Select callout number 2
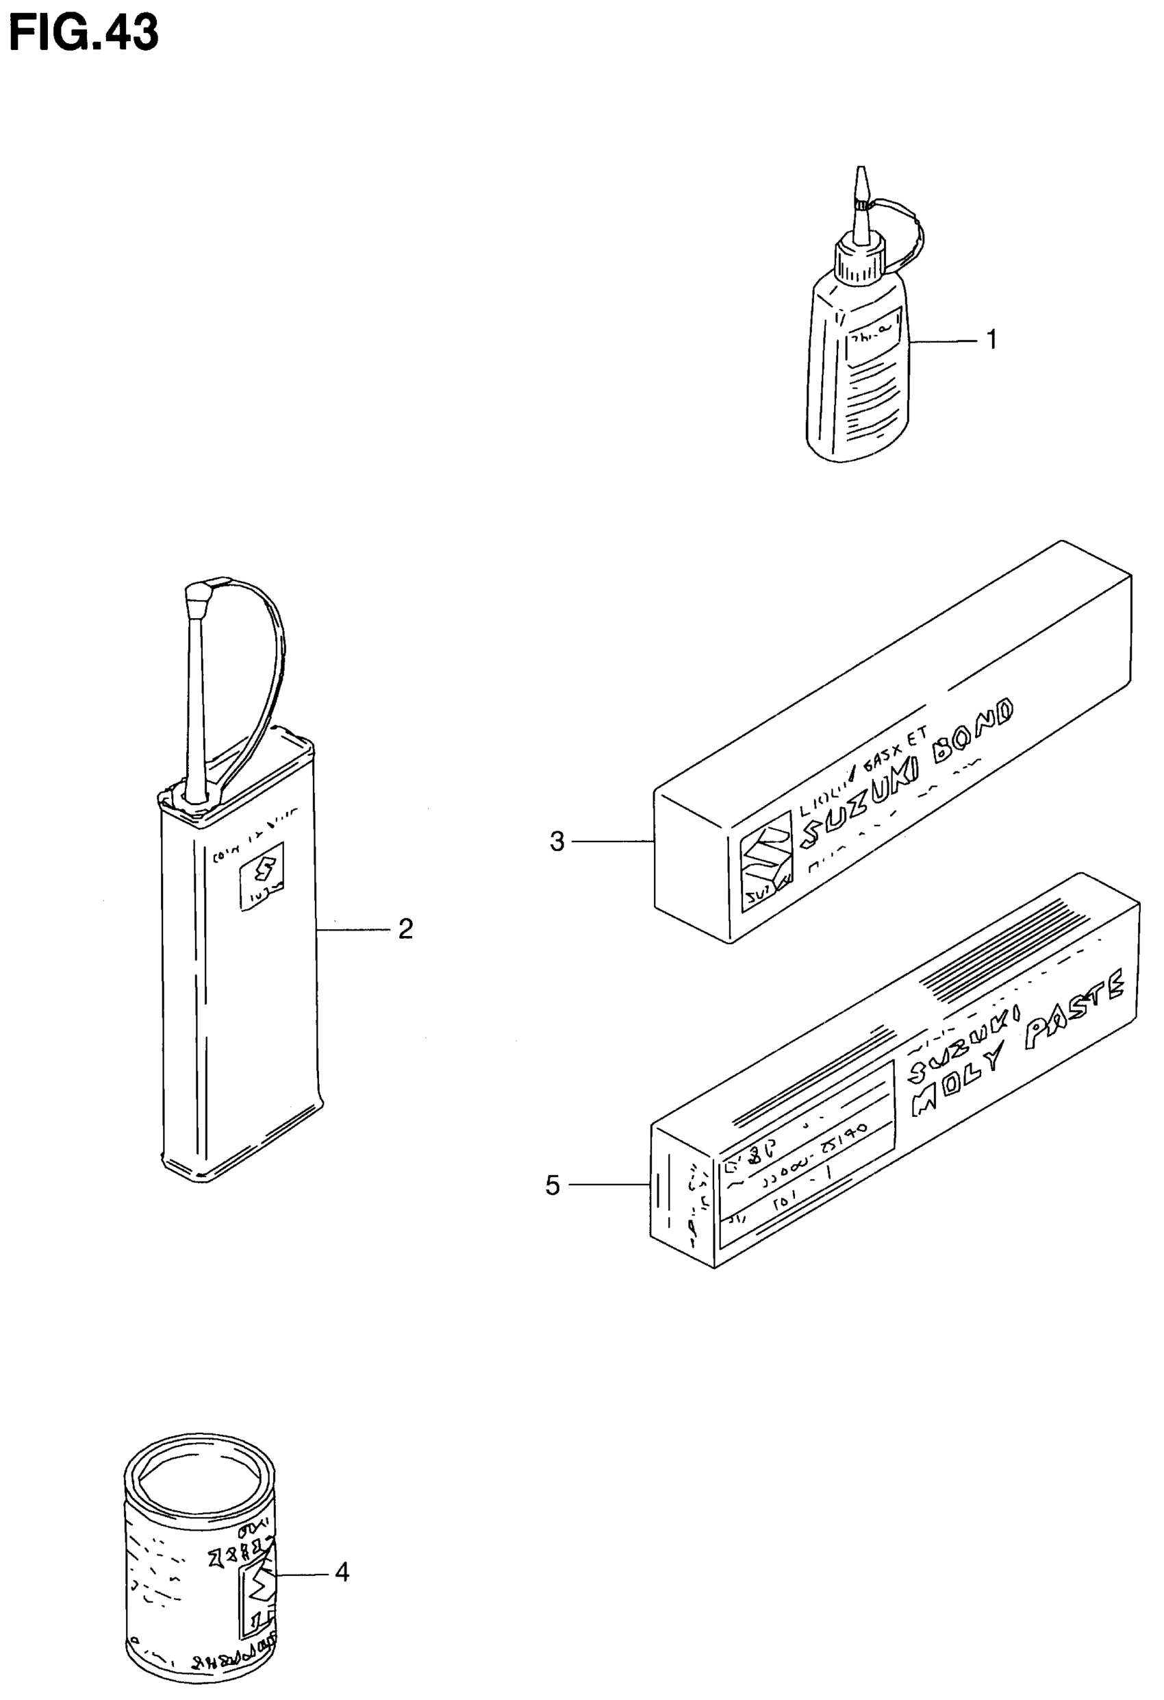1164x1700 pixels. tap(406, 929)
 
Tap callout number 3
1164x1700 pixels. tap(557, 842)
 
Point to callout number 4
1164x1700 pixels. tap(342, 1571)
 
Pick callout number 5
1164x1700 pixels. tap(553, 1185)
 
